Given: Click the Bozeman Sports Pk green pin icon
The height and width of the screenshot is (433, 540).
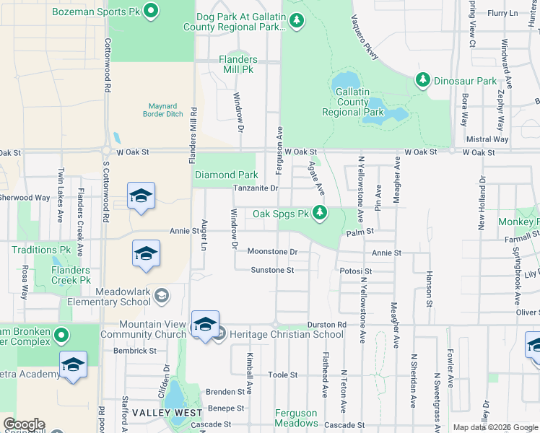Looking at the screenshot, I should point(151,10).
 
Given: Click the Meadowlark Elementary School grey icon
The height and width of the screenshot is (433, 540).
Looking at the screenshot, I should point(162,294).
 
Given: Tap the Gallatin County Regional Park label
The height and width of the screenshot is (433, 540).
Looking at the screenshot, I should point(353,102).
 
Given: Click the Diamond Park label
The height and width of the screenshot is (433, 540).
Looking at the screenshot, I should point(227,175).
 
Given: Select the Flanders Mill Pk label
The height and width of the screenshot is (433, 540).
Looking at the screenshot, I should point(238,64).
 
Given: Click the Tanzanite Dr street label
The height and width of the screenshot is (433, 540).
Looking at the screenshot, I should point(256,188).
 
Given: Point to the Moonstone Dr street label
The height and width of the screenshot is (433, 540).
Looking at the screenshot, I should point(272,252).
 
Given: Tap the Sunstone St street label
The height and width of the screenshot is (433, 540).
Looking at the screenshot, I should point(272,270).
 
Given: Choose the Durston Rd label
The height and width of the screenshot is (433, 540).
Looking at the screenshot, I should point(326,325).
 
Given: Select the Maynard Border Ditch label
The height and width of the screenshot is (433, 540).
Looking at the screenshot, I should point(162,109).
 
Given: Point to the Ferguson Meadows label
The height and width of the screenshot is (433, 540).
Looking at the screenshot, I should point(295,418).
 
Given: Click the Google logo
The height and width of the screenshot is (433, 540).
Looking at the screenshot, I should point(23,424).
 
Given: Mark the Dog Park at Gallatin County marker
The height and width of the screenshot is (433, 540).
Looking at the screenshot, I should point(296,22).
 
